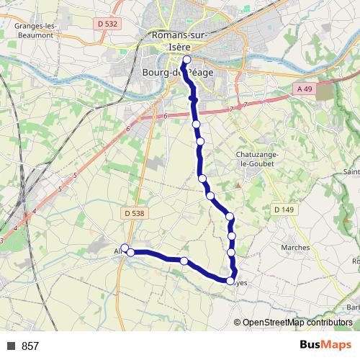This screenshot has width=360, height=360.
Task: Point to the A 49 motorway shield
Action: click(x=305, y=88)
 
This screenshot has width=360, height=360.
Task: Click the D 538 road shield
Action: click(x=134, y=213)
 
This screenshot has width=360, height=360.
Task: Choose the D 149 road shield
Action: click(x=284, y=210)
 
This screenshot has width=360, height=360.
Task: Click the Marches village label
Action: click(x=296, y=248)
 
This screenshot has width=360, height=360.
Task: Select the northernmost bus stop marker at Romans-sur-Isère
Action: click(x=187, y=60)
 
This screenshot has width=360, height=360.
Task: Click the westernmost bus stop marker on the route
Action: click(x=125, y=248)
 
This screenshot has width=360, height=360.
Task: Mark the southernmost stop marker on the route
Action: click(x=232, y=282)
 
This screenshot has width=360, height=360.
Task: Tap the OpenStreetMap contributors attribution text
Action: click(x=297, y=323)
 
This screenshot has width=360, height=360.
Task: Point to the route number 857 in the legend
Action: click(x=30, y=346)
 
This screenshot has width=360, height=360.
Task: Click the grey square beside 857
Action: click(x=12, y=346)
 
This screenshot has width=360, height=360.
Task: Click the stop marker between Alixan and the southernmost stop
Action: click(x=184, y=261)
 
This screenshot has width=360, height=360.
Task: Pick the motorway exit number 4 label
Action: click(x=35, y=210)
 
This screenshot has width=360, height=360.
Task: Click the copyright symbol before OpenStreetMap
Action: click(x=238, y=323)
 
